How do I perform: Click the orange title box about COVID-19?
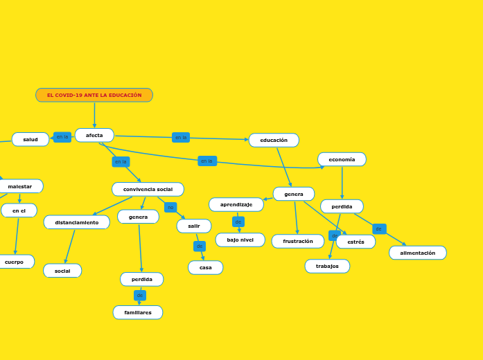coord(94,95)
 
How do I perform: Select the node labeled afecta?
coord(94,135)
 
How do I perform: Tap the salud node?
coord(30,139)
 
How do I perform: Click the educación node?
coord(274,140)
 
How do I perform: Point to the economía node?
coord(342,159)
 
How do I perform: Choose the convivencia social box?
coord(148,189)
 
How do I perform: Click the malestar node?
coord(20,186)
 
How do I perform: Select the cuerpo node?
coord(14,262)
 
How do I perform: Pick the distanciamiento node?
coord(77,222)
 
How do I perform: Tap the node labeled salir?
coord(194,226)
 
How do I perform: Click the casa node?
coord(206,267)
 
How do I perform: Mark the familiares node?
coord(138,312)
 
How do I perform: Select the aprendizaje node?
coord(236,204)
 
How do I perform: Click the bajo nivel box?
coord(240,240)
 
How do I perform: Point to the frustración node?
coord(298,241)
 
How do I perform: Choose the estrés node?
coord(355,242)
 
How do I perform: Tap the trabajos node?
coord(327,266)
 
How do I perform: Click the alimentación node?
coord(418,253)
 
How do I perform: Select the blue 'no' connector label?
coord(170,207)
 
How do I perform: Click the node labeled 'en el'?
coord(19,210)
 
